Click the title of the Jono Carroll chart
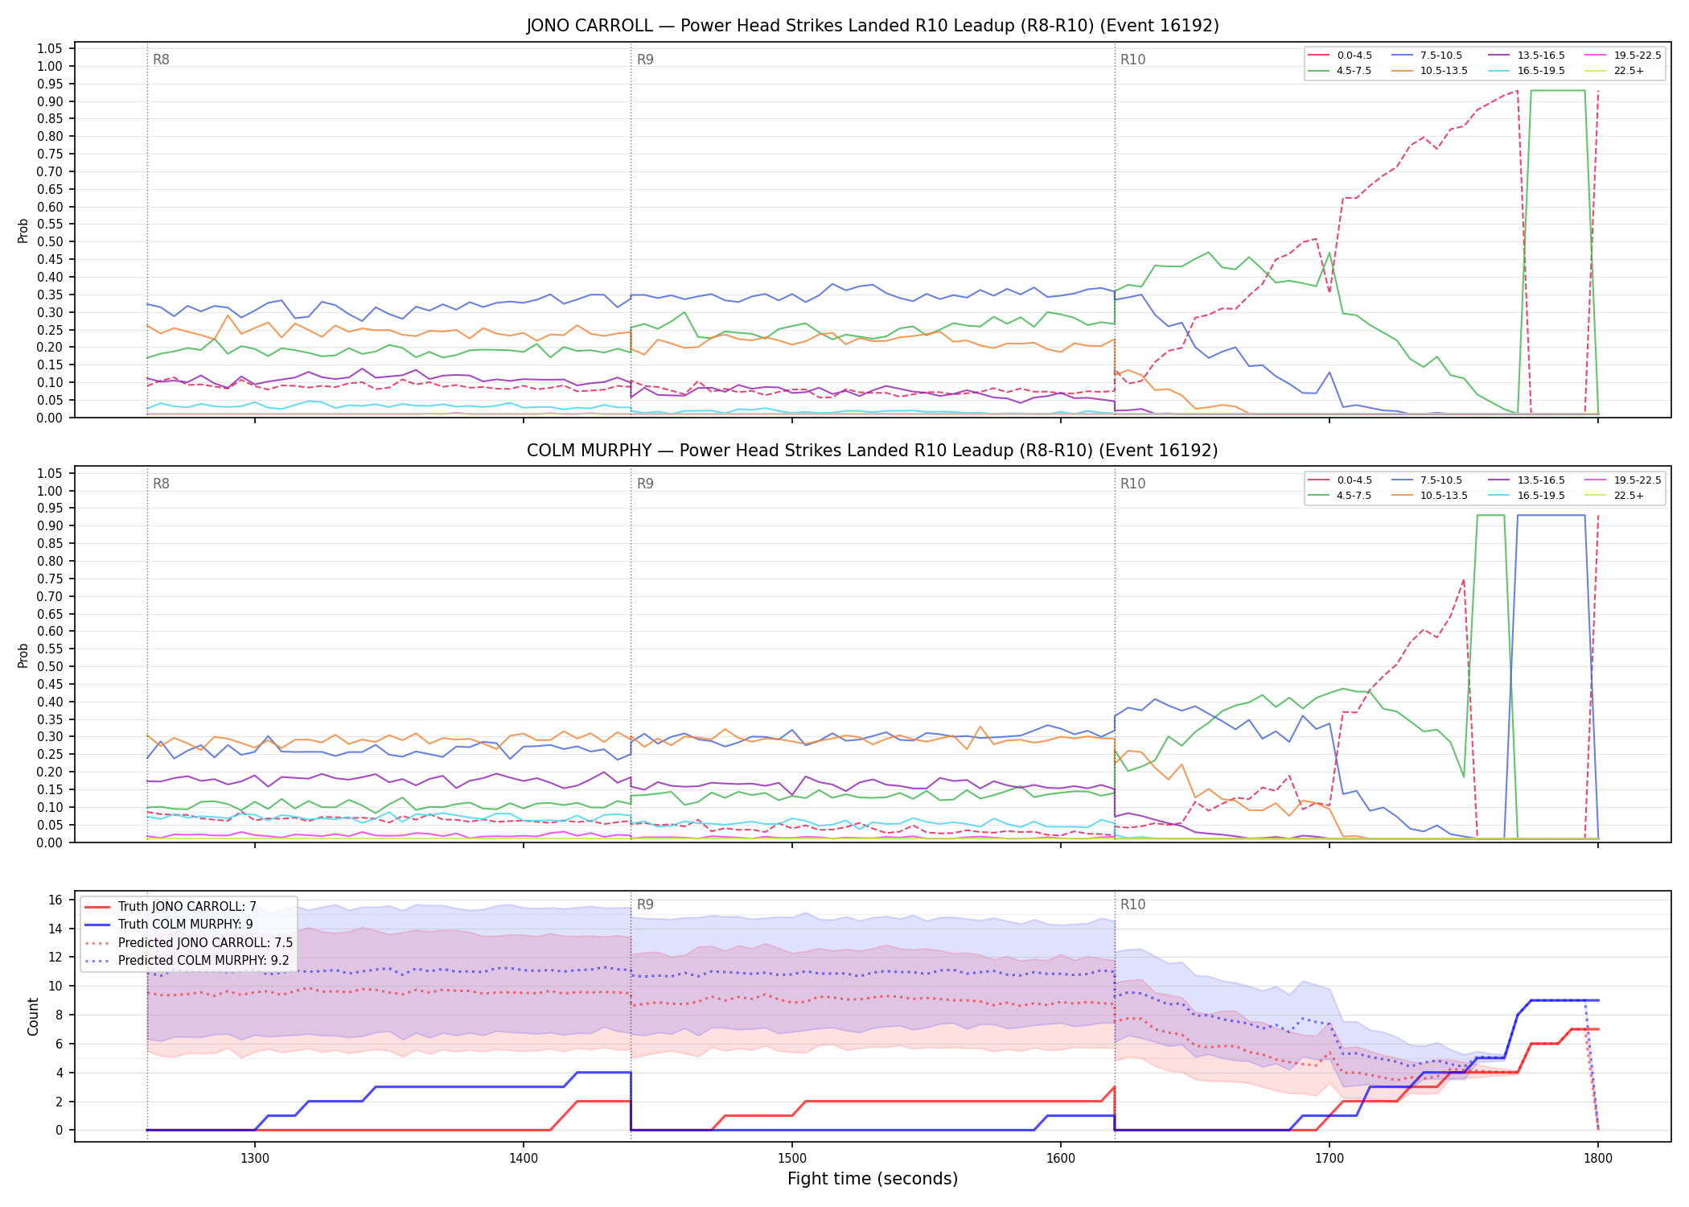873,26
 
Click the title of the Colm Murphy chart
873,451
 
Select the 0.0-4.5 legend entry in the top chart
1341,56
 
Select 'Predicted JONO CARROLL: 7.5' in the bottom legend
188,942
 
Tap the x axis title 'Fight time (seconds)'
873,1179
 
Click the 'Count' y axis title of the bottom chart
33,1016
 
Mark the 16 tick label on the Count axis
55,900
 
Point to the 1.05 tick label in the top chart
50,49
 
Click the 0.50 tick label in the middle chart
50,666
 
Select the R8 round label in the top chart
161,60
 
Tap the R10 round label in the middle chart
1132,484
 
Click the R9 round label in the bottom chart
645,904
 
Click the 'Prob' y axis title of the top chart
23,230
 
